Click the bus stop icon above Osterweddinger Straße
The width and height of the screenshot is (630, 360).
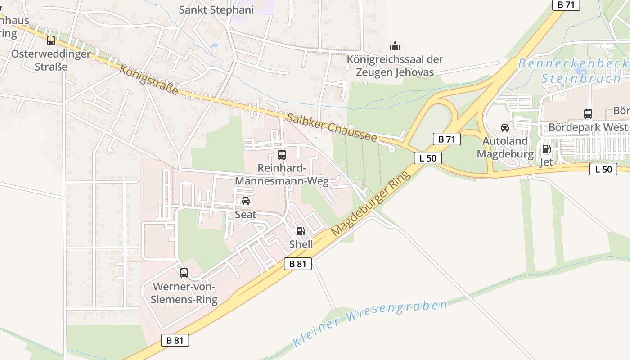tap(51, 40)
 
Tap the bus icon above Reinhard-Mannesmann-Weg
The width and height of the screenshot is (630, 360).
tap(282, 155)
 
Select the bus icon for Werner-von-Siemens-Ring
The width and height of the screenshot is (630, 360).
tap(184, 273)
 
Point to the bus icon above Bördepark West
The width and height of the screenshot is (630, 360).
tap(588, 114)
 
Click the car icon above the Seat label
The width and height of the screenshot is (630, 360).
tap(246, 201)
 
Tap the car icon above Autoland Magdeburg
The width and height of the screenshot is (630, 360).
tap(505, 128)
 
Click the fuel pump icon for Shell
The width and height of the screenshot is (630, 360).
tap(301, 231)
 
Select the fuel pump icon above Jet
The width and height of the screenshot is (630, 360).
tap(546, 149)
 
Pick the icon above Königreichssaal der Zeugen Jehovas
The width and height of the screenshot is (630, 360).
tap(395, 46)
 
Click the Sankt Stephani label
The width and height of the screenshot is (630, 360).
tap(216, 9)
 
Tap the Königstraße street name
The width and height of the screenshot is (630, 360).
tap(148, 79)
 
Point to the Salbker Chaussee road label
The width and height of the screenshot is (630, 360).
tap(332, 127)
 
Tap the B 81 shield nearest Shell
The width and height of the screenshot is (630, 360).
tap(298, 264)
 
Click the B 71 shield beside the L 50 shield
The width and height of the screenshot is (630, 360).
tap(447, 139)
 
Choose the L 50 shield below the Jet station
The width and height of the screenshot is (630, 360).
tap(603, 169)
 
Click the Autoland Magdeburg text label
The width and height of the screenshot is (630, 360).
tap(505, 147)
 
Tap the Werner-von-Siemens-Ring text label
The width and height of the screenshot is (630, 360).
tap(184, 293)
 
